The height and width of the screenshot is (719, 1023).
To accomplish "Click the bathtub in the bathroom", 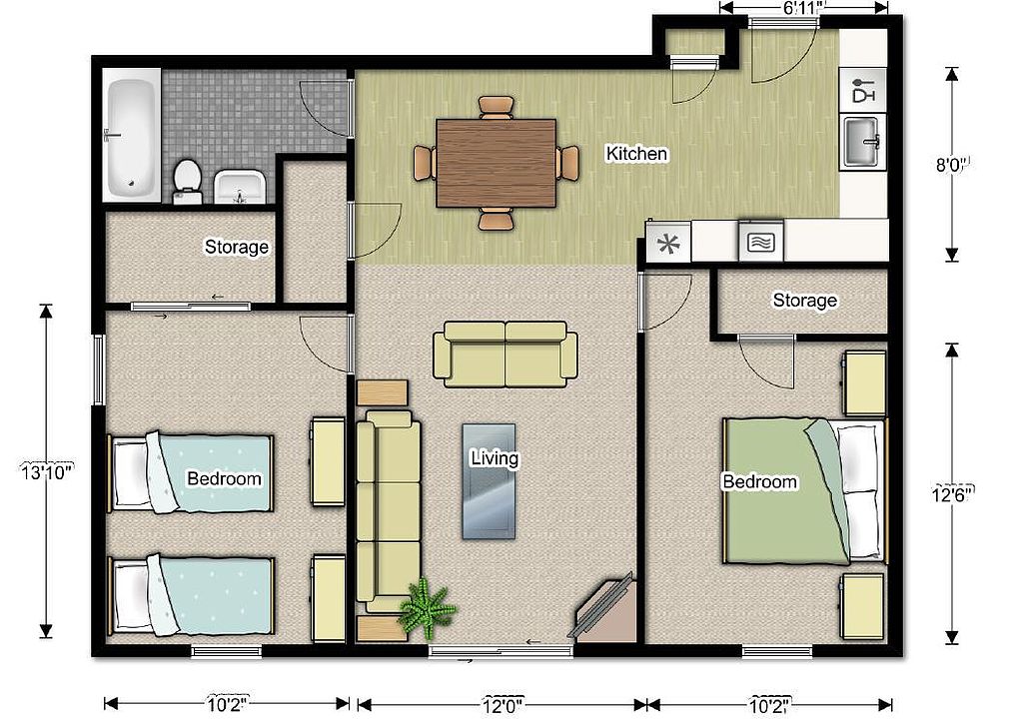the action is pos(132,136).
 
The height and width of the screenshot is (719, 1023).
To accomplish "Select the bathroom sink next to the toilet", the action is pos(239,187).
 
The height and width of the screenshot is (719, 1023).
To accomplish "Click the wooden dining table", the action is pos(496,163).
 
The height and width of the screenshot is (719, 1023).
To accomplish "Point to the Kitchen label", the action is pos(636,154).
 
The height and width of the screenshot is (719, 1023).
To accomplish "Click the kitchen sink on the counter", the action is pos(862,141).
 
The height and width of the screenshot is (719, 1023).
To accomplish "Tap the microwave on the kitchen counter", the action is pos(760,242).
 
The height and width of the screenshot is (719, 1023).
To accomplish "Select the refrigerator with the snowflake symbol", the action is pos(667,244).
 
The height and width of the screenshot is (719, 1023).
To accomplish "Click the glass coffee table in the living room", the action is pos(489,481).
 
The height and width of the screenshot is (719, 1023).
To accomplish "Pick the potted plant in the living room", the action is pos(427,609).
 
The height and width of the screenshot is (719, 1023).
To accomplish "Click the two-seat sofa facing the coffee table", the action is pos(505,355).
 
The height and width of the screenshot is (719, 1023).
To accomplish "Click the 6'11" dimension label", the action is pos(804,8).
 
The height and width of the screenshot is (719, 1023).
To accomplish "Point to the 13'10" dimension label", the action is pos(46,471).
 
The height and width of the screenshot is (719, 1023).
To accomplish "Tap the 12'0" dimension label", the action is pos(503,705).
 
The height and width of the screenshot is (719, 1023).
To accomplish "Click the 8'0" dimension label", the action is pos(952,165).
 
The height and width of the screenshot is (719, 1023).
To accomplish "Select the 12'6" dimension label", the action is pos(952,494).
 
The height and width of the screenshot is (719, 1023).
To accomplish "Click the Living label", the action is pos(495,458).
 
